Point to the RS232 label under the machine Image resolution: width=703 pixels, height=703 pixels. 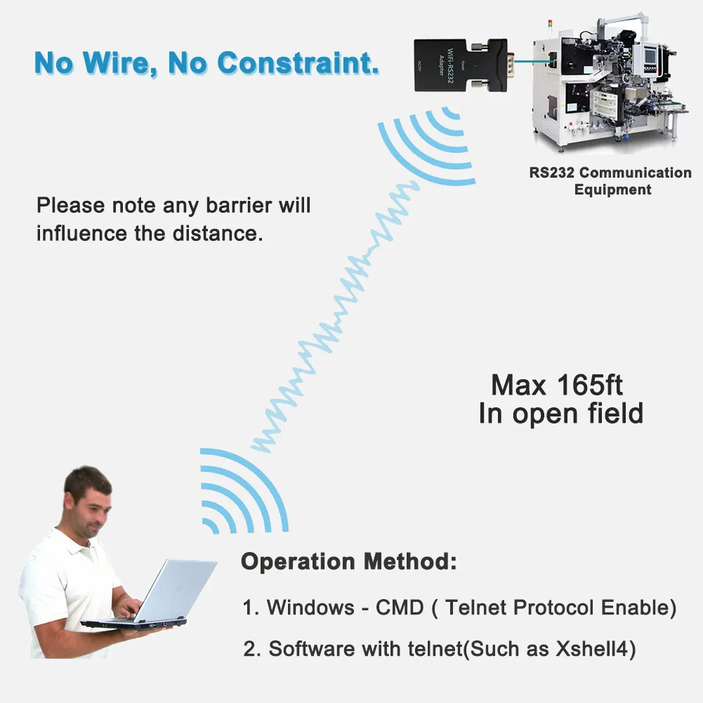click(x=552, y=173)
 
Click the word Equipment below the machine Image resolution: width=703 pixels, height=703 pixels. click(x=612, y=190)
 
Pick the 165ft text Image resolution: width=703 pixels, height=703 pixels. click(x=586, y=386)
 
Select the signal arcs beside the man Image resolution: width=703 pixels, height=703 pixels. click(x=242, y=492)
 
